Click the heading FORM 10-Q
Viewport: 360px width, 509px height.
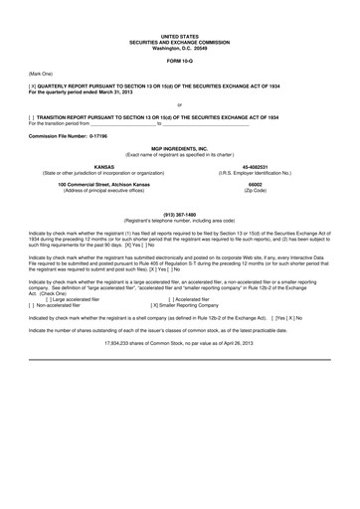[x=179, y=61]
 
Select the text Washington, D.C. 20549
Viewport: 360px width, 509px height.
[x=179, y=46]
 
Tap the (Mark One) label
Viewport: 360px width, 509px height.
[x=41, y=74]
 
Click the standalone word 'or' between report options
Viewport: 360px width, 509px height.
[x=179, y=104]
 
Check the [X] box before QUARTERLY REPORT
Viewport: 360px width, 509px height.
[x=33, y=86]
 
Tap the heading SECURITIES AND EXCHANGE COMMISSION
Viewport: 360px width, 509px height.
[x=179, y=40]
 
